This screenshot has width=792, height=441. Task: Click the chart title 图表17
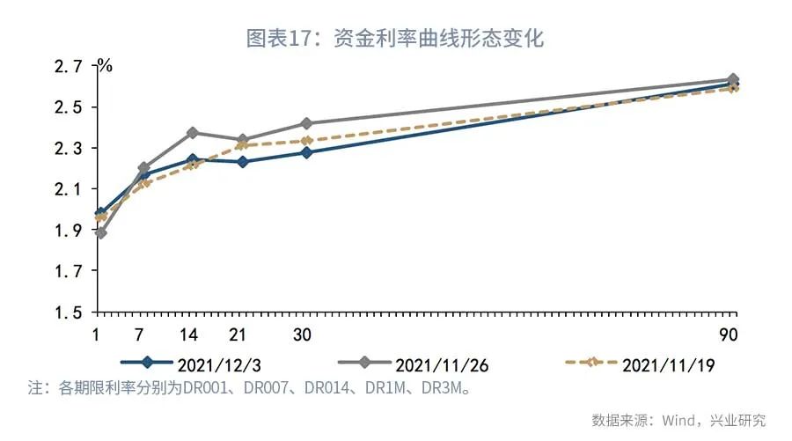click(395, 38)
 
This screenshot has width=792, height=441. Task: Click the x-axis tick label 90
click(727, 335)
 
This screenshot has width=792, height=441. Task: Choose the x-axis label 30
click(303, 335)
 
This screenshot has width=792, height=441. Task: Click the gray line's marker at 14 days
click(193, 133)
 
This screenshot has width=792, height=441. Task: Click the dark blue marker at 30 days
click(306, 152)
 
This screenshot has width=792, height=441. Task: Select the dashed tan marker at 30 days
click(306, 140)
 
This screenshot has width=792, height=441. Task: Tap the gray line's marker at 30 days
click(306, 123)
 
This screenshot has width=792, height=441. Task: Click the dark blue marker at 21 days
click(243, 161)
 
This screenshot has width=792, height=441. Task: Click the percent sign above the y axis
click(105, 65)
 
